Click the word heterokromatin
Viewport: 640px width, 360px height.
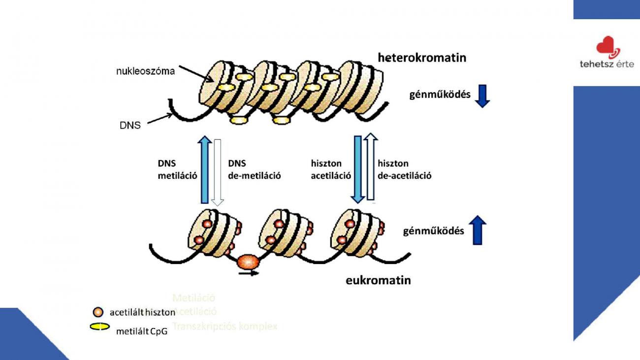[x=422, y=58]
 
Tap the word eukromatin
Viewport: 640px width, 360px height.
[x=378, y=281]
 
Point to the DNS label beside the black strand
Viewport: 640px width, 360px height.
[x=130, y=125]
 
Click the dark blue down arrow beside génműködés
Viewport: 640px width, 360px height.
[x=482, y=96]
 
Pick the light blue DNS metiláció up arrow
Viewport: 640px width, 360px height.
[x=205, y=169]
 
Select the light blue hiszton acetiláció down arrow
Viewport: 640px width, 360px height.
[x=357, y=169]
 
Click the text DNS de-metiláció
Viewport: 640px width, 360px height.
[x=255, y=169]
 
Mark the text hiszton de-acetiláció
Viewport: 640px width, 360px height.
[x=404, y=169]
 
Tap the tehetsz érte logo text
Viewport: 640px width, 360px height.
[x=607, y=65]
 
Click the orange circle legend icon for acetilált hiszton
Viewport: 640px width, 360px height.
[x=98, y=312]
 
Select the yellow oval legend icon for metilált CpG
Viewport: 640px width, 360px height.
[x=100, y=327]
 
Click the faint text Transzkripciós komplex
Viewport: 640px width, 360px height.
[x=225, y=326]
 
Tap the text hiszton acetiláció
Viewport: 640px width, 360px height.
[x=331, y=169]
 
